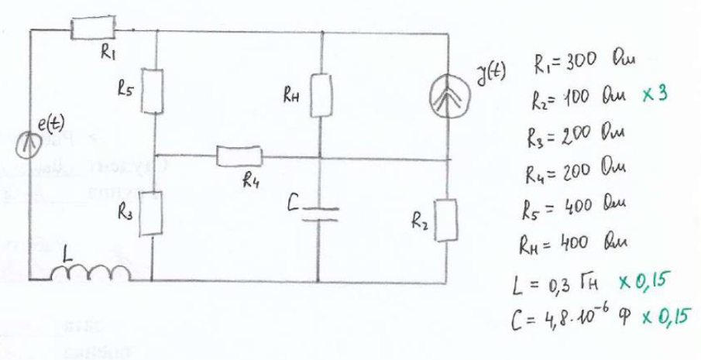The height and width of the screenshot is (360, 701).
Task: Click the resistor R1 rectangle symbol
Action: [93, 29]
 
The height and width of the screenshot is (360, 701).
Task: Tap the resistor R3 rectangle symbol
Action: [153, 212]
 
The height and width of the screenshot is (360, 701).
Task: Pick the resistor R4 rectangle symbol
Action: [241, 158]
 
